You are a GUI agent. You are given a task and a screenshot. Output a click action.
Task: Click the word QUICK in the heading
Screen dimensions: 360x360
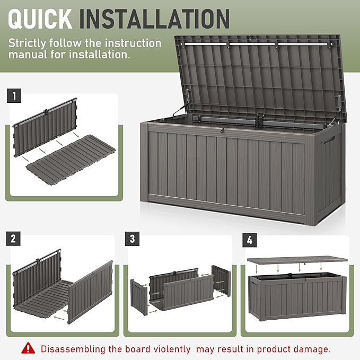pyautogui.click(x=40, y=18)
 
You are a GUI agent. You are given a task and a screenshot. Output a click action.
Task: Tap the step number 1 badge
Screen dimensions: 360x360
pyautogui.click(x=14, y=96)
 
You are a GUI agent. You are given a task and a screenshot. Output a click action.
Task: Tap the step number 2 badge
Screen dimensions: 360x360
pyautogui.click(x=14, y=238)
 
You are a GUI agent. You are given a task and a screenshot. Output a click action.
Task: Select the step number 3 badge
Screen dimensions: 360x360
pyautogui.click(x=133, y=238)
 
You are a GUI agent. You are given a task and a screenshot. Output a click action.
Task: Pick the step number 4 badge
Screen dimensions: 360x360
pyautogui.click(x=249, y=238)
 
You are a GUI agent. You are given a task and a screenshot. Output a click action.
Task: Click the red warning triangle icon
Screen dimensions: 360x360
pyautogui.click(x=28, y=348)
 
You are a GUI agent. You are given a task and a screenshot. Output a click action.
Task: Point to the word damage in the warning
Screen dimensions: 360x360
pyautogui.click(x=310, y=349)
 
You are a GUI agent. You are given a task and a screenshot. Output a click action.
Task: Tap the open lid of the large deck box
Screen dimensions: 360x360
pyautogui.click(x=260, y=74)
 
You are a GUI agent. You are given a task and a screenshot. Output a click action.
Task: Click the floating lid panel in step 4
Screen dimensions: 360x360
pyautogui.click(x=297, y=260)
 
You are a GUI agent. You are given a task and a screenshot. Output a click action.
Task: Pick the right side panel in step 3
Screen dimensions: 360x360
pyautogui.click(x=222, y=281)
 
